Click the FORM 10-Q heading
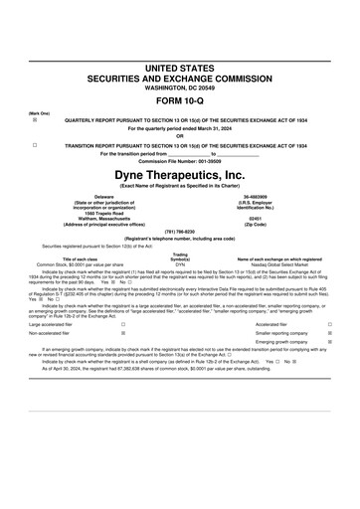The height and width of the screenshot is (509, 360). pyautogui.click(x=179, y=103)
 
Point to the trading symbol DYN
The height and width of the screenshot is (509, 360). pyautogui.click(x=180, y=264)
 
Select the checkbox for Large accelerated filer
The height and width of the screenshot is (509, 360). pyautogui.click(x=122, y=324)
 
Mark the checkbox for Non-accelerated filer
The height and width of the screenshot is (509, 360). pyautogui.click(x=122, y=334)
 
